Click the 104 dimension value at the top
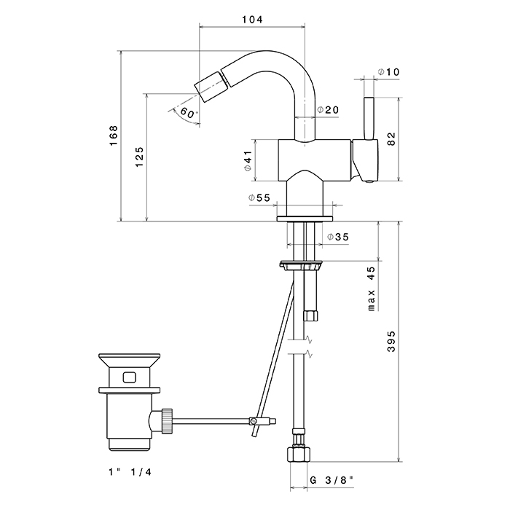pyautogui.click(x=251, y=19)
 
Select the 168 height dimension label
pyautogui.click(x=113, y=136)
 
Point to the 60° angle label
pyautogui.click(x=188, y=114)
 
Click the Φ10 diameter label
pyautogui.click(x=389, y=71)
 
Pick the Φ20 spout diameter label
pyautogui.click(x=329, y=110)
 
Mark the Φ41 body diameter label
pyautogui.click(x=248, y=161)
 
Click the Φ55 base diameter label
pyautogui.click(x=259, y=197)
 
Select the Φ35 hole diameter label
pyautogui.click(x=338, y=236)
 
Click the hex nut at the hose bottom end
pyautogui.click(x=299, y=454)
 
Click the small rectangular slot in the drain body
pyautogui.click(x=130, y=378)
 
